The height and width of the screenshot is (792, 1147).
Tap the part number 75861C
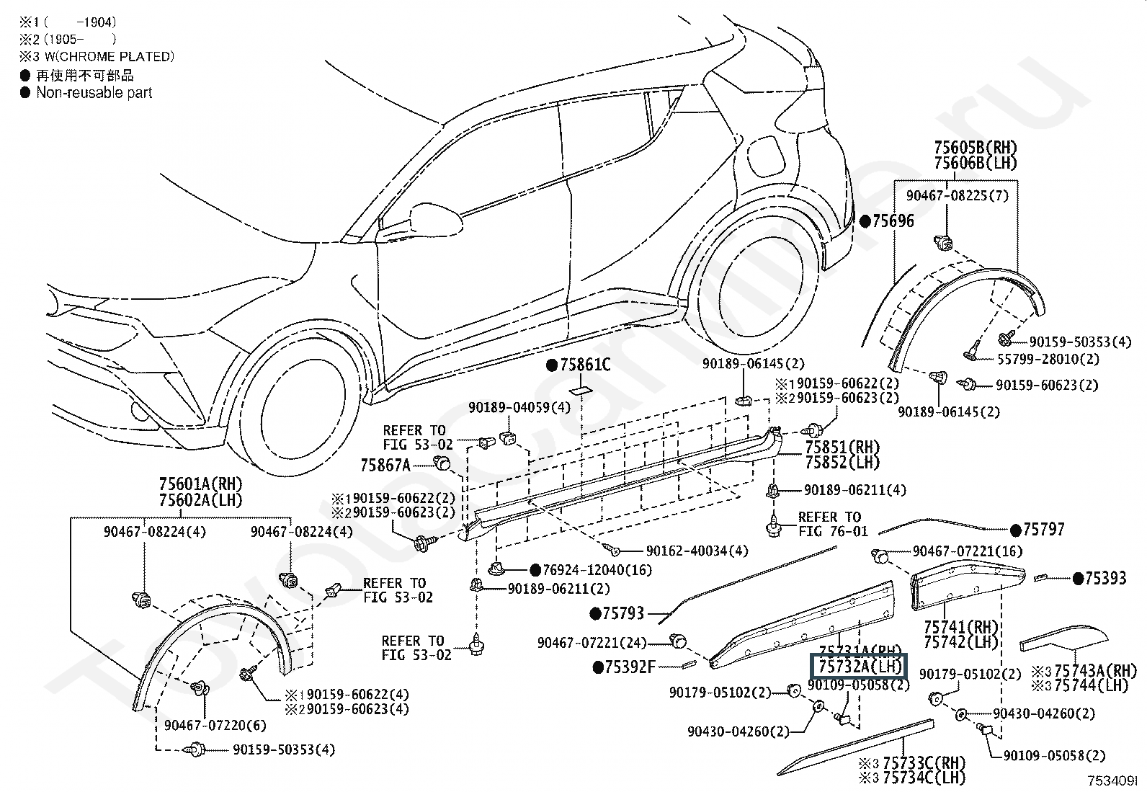point(585,365)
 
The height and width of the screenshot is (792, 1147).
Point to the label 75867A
point(385,466)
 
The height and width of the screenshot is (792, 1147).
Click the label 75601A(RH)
point(200,484)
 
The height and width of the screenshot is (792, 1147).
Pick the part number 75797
point(1043,530)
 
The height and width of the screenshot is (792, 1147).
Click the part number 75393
point(1105,578)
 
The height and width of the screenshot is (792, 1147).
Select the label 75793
point(623,613)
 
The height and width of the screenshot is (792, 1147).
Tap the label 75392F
point(630,667)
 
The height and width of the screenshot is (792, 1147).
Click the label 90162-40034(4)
point(697,551)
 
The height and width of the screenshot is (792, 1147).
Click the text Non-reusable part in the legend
point(94,92)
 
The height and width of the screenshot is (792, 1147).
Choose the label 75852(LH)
point(842,463)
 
